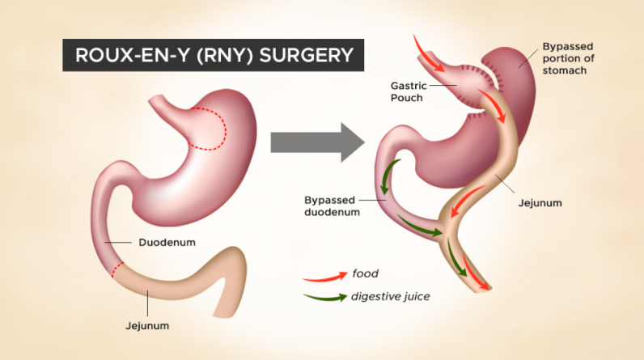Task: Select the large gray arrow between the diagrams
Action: point(316,142)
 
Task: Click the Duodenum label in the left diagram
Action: point(167,242)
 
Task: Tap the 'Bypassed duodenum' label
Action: point(331,205)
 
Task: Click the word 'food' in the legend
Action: point(366,273)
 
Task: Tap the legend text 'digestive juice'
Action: point(390,296)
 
